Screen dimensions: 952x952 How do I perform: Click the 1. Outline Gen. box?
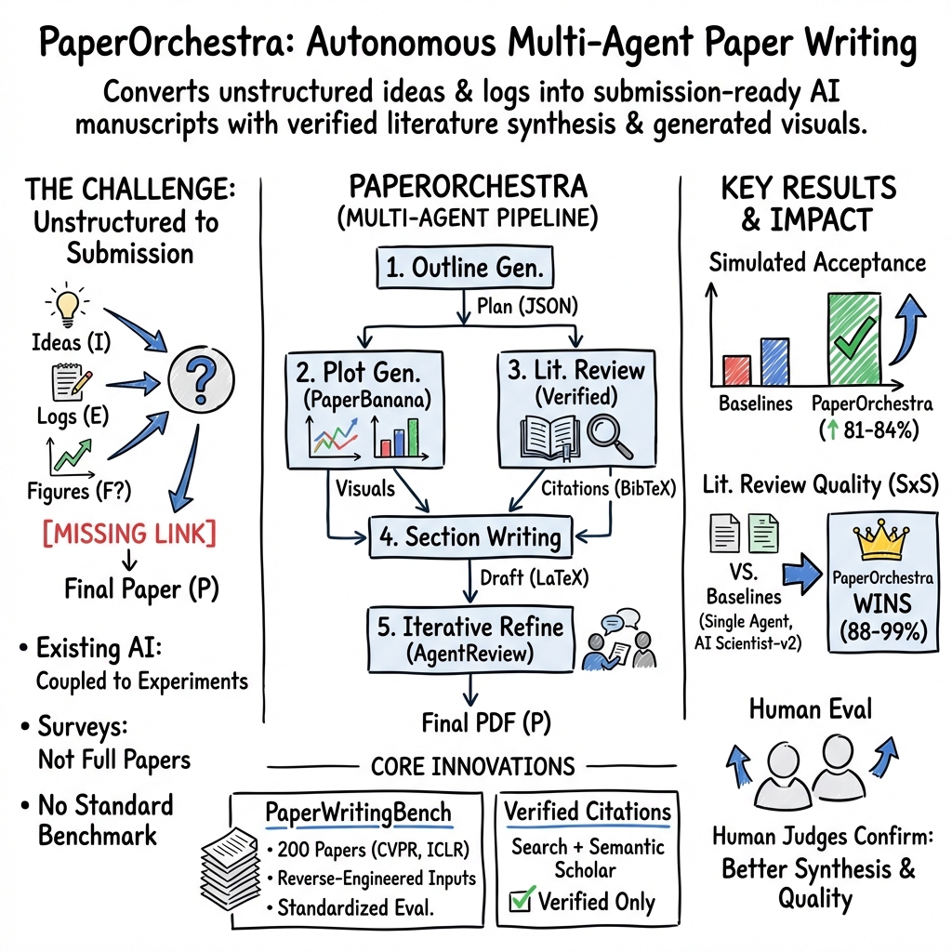click(x=465, y=270)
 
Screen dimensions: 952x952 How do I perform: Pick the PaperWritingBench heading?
click(x=358, y=813)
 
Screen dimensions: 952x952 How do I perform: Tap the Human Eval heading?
click(x=811, y=710)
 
